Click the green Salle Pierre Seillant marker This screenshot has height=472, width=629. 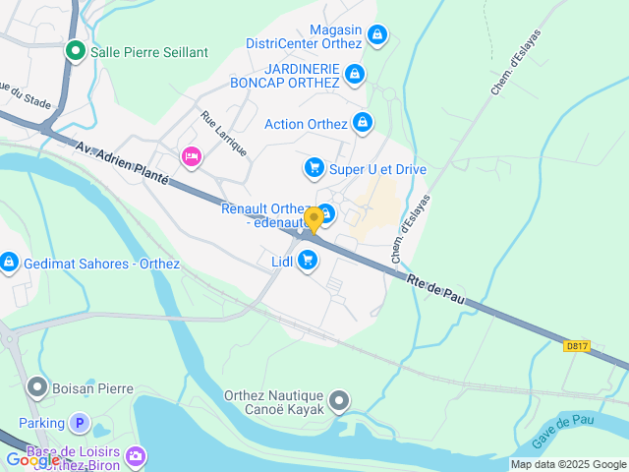point(75,51)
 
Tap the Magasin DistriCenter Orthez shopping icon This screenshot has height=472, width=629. point(375,36)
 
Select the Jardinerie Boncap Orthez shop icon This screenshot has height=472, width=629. point(355,74)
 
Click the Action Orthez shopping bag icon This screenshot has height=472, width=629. point(363,123)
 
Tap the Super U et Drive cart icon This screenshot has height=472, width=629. point(314,168)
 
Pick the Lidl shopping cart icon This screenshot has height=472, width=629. point(308,261)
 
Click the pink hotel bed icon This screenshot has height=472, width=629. point(191,156)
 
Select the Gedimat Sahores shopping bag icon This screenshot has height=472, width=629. point(9,263)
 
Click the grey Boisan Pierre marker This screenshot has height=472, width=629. point(37,387)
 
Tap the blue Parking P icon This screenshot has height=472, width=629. point(81,424)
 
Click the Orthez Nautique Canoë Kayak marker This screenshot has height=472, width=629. point(339,400)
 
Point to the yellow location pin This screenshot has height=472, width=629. point(314,218)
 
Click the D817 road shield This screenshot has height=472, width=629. point(577,345)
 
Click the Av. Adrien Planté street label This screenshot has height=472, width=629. point(122,162)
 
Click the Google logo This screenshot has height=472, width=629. point(31,459)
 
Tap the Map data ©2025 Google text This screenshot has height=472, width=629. point(568,464)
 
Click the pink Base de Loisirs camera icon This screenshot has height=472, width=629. point(136,455)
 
